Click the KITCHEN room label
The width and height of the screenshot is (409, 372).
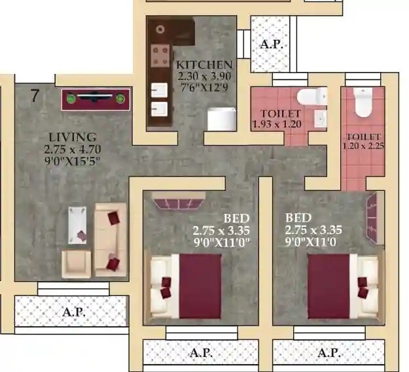(x=204, y=65)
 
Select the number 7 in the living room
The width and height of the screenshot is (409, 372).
(x=35, y=95)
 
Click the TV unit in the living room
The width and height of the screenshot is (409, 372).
(x=96, y=99)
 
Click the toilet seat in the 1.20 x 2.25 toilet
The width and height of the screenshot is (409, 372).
(x=362, y=103)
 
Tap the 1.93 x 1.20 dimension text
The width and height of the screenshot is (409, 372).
(x=276, y=124)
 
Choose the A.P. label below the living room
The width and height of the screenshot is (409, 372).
(x=73, y=313)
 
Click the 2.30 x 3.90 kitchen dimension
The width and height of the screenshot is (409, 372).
(x=204, y=76)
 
